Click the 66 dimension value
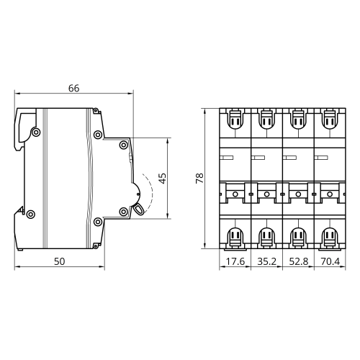pyautogui.click(x=73, y=89)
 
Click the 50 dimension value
pyautogui.click(x=59, y=261)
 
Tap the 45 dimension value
pyautogui.click(x=163, y=179)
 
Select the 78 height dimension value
pyautogui.click(x=199, y=179)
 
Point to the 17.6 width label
pyautogui.click(x=235, y=261)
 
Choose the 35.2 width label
pyautogui.click(x=267, y=261)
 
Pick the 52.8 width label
pyautogui.click(x=299, y=261)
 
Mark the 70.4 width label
pyautogui.click(x=330, y=261)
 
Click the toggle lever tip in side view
pyautogui.click(x=139, y=210)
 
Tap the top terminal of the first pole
pyautogui.click(x=235, y=120)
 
